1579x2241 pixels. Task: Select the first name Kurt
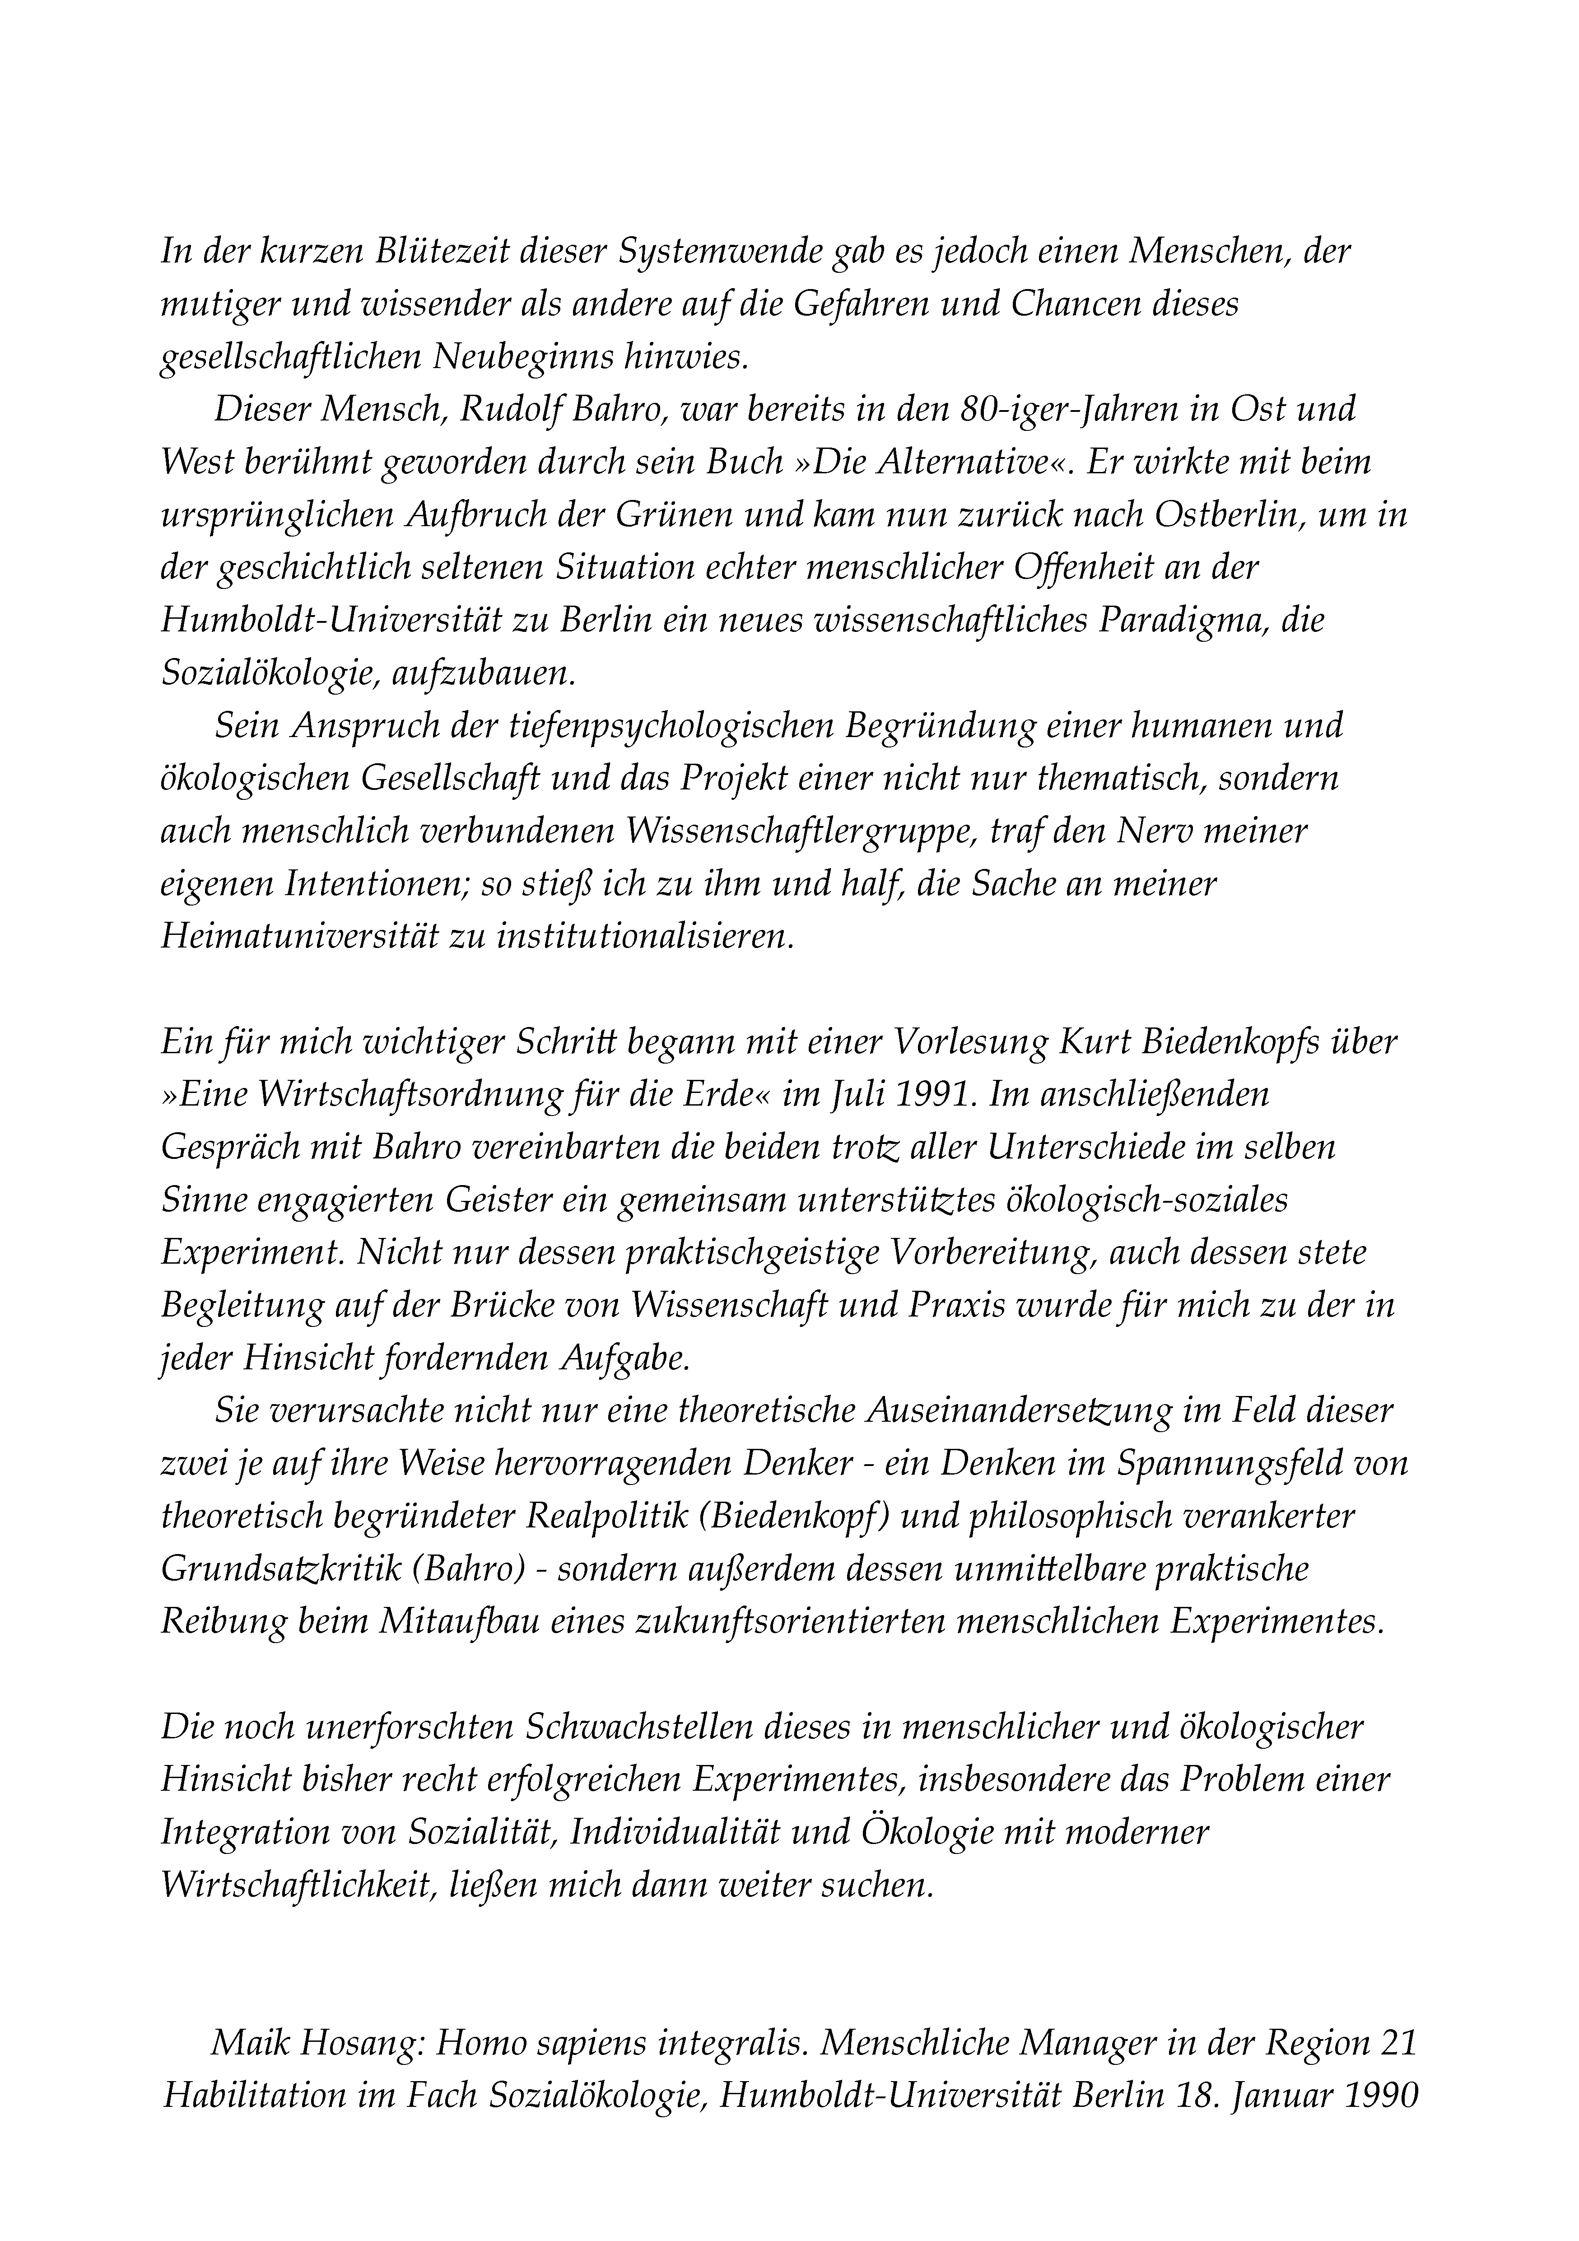(x=1092, y=1041)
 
